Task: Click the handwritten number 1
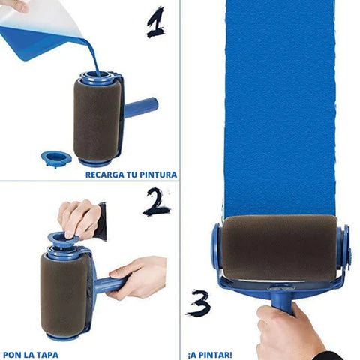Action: (x=156, y=22)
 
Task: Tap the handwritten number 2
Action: (x=157, y=202)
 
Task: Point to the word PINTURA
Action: (x=157, y=175)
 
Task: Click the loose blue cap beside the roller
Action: (x=55, y=157)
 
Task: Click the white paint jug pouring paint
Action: (x=45, y=26)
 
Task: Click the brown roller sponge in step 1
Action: (x=96, y=116)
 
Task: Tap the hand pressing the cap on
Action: (x=78, y=217)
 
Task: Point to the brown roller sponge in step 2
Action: (x=63, y=292)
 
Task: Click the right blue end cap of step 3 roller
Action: (x=344, y=247)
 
